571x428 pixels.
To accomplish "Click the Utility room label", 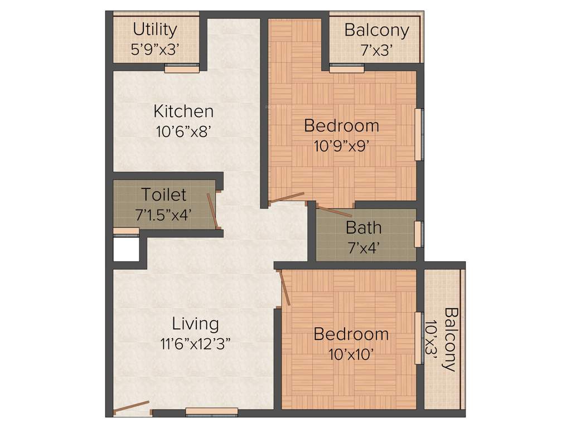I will [154, 29].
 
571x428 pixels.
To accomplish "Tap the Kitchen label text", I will [183, 111].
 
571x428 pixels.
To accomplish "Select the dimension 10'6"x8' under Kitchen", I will [183, 131].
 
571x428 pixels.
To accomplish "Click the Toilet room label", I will [163, 194].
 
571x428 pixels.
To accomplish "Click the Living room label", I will [195, 323].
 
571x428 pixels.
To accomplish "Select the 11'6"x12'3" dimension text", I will [195, 343].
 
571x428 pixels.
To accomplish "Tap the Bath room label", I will [364, 227].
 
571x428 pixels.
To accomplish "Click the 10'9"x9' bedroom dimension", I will [341, 146].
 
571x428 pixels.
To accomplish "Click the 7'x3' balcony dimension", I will [376, 50].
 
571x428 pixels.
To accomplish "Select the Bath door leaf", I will [334, 212].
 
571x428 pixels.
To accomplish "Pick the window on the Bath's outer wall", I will [418, 234].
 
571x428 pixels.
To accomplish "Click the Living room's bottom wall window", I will [211, 412].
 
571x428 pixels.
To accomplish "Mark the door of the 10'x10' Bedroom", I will [285, 288].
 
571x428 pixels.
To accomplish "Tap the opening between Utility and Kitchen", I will [182, 70].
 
